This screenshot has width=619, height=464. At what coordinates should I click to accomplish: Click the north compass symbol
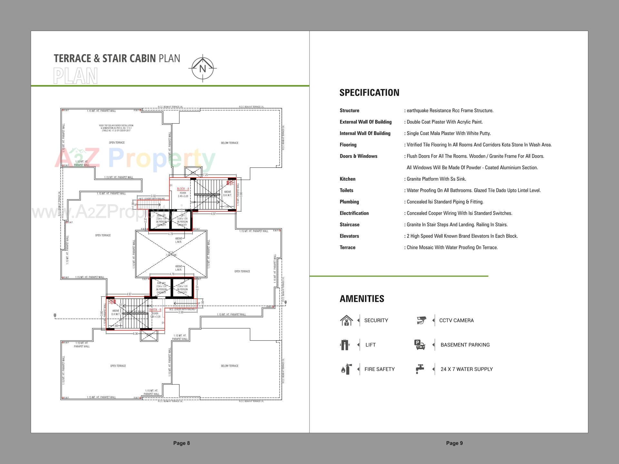tap(202, 68)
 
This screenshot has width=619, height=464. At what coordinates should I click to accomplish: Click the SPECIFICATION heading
tap(369, 93)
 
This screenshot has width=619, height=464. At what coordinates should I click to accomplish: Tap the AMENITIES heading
tap(362, 299)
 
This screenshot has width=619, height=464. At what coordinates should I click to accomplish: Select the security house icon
tap(346, 321)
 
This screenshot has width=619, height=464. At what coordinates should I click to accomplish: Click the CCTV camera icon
tap(421, 320)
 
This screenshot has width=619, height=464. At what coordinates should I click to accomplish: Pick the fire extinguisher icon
tap(346, 369)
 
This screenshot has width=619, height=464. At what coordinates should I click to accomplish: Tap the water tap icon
tap(419, 369)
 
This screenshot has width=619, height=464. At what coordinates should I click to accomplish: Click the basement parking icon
tap(419, 345)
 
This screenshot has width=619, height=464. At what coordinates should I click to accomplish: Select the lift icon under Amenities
tap(345, 345)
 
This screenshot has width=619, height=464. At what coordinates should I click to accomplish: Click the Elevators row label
tap(349, 236)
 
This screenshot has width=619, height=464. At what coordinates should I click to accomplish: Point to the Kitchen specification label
tap(347, 179)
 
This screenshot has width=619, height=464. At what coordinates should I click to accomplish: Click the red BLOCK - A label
tap(183, 189)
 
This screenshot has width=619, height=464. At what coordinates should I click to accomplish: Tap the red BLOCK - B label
tap(155, 310)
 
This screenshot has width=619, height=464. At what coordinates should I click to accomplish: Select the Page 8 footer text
tap(182, 443)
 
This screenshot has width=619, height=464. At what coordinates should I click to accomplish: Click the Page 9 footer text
tap(454, 443)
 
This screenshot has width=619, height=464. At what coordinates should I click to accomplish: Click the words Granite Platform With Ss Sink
tap(436, 179)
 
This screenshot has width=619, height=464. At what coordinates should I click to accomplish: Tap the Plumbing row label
tap(349, 202)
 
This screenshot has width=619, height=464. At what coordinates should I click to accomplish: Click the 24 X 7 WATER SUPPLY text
tap(467, 369)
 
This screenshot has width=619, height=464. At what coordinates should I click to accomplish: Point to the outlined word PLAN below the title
tap(75, 76)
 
